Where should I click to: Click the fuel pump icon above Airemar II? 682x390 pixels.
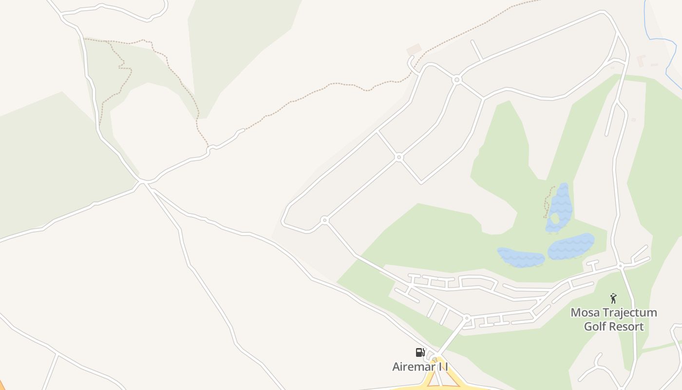pyautogui.click(x=420, y=352)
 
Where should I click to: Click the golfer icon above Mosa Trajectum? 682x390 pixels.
pyautogui.click(x=613, y=298)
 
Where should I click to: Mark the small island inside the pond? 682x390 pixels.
pyautogui.click(x=554, y=217)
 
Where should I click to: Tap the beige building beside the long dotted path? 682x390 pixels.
pyautogui.click(x=414, y=49)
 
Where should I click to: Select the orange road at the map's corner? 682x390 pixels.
pyautogui.click(x=2, y=385)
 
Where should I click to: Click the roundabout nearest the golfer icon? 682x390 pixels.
pyautogui.click(x=620, y=266)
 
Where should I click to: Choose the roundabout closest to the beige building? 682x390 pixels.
pyautogui.click(x=456, y=79)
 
